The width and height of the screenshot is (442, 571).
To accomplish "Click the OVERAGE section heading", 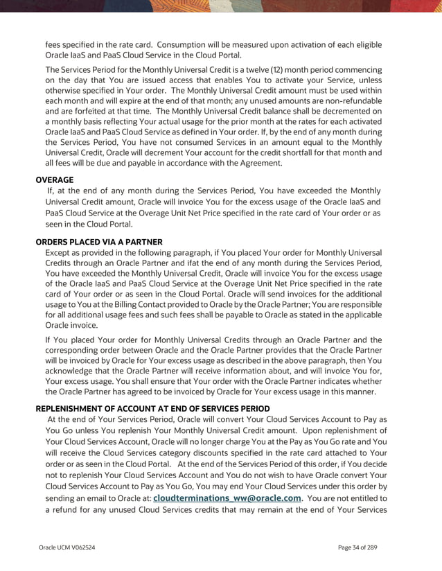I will click(55, 179).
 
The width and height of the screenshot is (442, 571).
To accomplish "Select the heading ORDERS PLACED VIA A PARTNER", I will click(99, 242).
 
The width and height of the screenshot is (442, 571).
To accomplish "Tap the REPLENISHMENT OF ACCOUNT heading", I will click(152, 409).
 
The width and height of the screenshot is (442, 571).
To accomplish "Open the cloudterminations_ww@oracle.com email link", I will click(227, 498).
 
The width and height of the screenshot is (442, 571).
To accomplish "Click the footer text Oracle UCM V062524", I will click(67, 547).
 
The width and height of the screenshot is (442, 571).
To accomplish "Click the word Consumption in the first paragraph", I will click(186, 45).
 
